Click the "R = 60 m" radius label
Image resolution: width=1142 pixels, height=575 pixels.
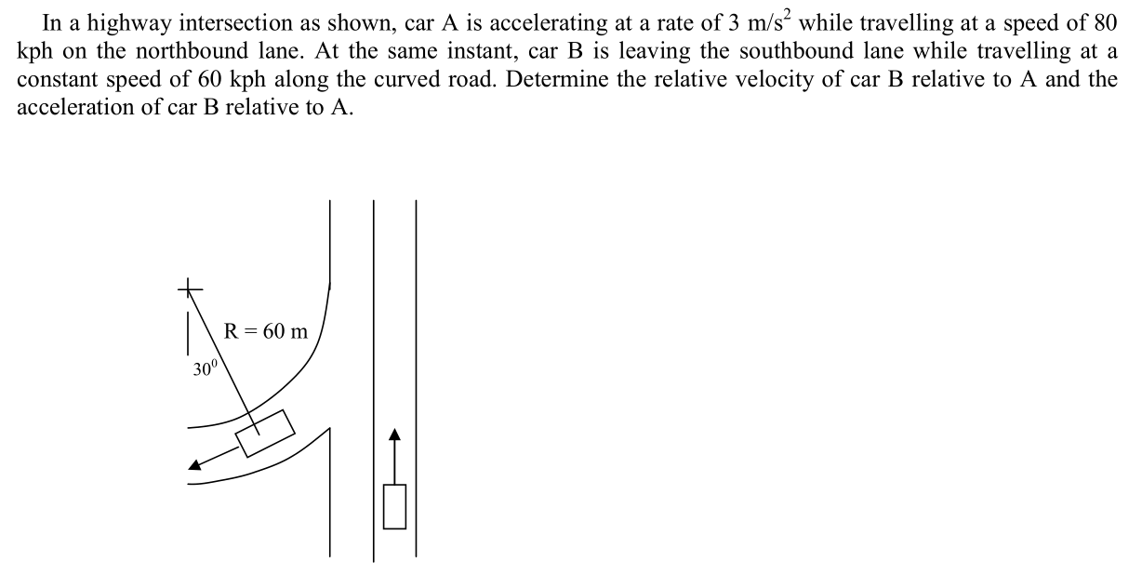coord(266,331)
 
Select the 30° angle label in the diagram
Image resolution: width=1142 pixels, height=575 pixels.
coord(205,369)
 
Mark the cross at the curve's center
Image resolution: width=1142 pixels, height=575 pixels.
coord(190,288)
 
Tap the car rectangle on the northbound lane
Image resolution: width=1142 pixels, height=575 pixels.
coord(394,507)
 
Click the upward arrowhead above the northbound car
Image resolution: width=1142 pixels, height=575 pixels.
coord(394,435)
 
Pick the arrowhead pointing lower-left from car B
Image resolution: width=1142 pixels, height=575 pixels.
coord(195,467)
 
